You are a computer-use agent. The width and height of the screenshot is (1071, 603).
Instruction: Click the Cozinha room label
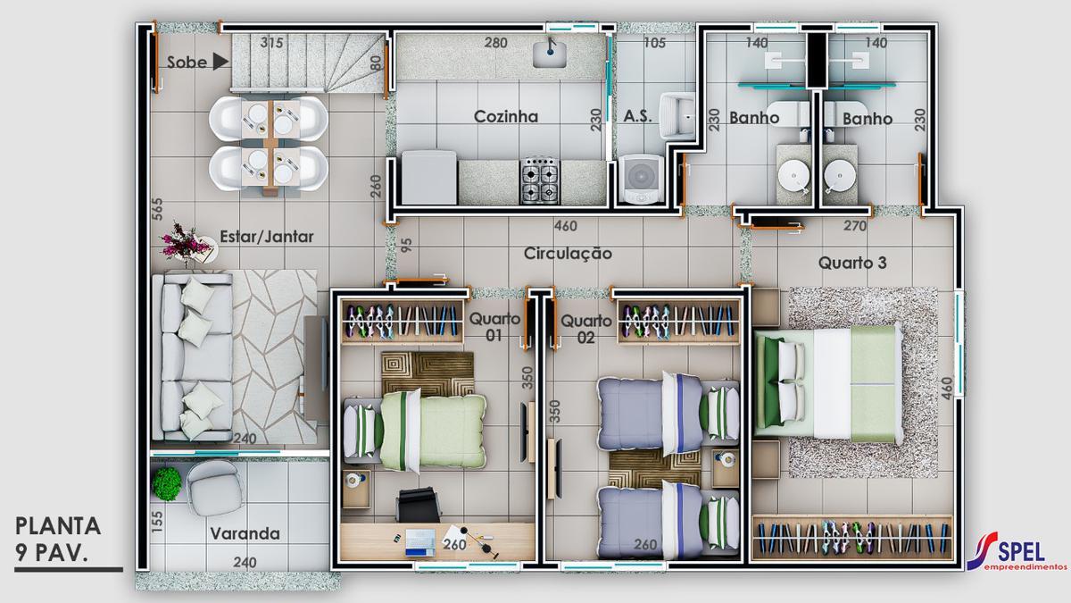pyautogui.click(x=506, y=116)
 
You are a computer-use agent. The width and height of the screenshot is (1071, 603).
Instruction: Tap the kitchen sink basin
pyautogui.click(x=550, y=54)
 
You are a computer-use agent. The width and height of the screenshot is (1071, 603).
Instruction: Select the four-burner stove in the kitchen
pyautogui.click(x=540, y=180)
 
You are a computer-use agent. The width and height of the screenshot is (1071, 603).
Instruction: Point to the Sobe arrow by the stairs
pyautogui.click(x=220, y=62)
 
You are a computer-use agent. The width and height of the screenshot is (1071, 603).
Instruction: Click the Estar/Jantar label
pyautogui.click(x=266, y=237)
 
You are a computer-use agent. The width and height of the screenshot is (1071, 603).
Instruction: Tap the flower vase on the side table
pyautogui.click(x=187, y=243)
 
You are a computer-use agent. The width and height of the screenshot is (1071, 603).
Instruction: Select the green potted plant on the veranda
pyautogui.click(x=166, y=484)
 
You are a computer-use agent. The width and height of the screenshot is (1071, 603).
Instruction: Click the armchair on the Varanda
pyautogui.click(x=213, y=487)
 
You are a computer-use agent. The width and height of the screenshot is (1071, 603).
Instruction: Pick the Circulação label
pyautogui.click(x=568, y=253)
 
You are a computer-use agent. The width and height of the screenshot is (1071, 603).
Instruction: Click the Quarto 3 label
pyautogui.click(x=852, y=263)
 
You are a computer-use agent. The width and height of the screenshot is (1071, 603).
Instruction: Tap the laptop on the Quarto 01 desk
pyautogui.click(x=420, y=543)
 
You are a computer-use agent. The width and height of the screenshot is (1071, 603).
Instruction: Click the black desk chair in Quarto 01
pyautogui.click(x=419, y=506)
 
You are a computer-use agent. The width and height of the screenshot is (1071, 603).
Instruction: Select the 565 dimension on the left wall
pyautogui.click(x=157, y=209)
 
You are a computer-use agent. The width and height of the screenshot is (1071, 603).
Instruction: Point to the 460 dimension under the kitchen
pyautogui.click(x=566, y=226)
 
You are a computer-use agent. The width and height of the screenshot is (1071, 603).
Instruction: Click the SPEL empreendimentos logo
pyautogui.click(x=1017, y=551)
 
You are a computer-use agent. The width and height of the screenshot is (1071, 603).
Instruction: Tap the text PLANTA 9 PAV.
pyautogui.click(x=58, y=540)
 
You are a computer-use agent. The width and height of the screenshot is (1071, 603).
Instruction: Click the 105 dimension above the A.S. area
pyautogui.click(x=654, y=43)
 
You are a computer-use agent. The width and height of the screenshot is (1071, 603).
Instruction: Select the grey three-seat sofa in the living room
pyautogui.click(x=192, y=357)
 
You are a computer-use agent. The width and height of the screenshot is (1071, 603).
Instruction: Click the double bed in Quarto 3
pyautogui.click(x=827, y=383)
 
